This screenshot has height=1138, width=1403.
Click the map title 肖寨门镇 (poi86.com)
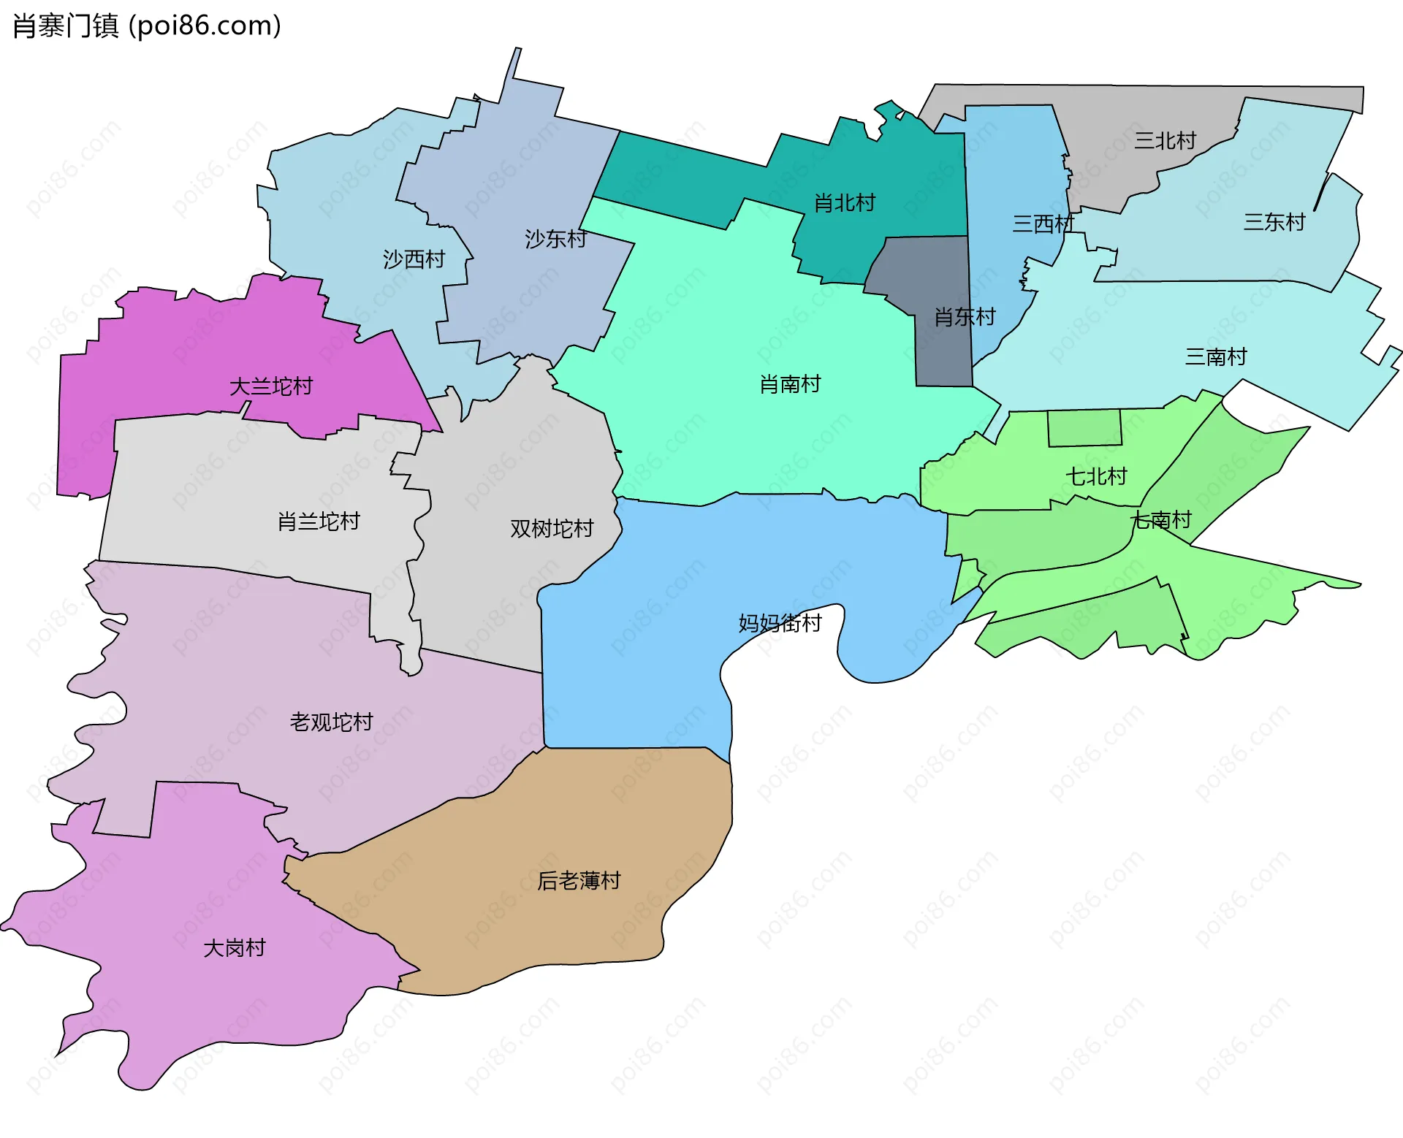tap(147, 26)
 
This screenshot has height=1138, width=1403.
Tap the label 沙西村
tap(414, 259)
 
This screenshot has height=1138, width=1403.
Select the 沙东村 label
tap(555, 239)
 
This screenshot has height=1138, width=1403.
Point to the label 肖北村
tap(845, 203)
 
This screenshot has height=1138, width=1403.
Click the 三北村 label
tap(1165, 140)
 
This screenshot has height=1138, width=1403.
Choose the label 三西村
tap(1043, 224)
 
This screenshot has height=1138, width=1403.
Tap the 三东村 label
tap(1274, 222)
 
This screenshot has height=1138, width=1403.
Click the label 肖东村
tap(965, 317)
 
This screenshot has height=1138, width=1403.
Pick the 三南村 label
tap(1216, 357)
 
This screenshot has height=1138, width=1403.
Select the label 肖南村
tap(790, 384)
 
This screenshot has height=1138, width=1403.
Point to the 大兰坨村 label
tap(271, 386)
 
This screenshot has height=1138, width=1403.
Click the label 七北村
tap(1096, 477)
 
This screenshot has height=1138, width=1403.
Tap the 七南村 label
tap(1161, 520)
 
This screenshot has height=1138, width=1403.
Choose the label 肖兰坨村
tap(319, 522)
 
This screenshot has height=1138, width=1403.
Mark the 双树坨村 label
tap(552, 529)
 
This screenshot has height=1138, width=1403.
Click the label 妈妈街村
tap(780, 623)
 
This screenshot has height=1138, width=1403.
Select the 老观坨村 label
tap(331, 722)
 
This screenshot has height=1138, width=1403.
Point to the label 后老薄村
tap(579, 881)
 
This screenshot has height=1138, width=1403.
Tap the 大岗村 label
tap(235, 948)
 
